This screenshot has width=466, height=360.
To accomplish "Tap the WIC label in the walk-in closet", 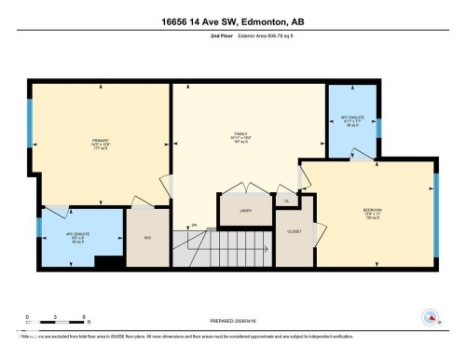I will [x=147, y=237].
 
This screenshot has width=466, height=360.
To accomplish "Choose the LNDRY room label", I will [x=245, y=212].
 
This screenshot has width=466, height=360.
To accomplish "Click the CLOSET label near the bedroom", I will [x=294, y=230].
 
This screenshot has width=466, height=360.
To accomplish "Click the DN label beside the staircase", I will [x=194, y=225].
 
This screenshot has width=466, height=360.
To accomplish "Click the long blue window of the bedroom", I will [x=435, y=214].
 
